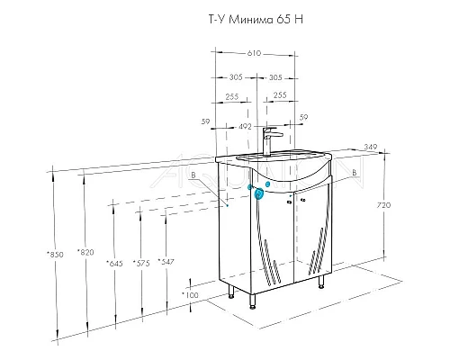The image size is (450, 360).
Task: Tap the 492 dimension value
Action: point(243,127)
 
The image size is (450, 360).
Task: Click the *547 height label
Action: point(166,262)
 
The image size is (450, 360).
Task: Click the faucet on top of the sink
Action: point(267,141)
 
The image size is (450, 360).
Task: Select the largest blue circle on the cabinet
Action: point(259,193)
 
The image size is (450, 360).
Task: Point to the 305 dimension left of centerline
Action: point(238,77)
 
